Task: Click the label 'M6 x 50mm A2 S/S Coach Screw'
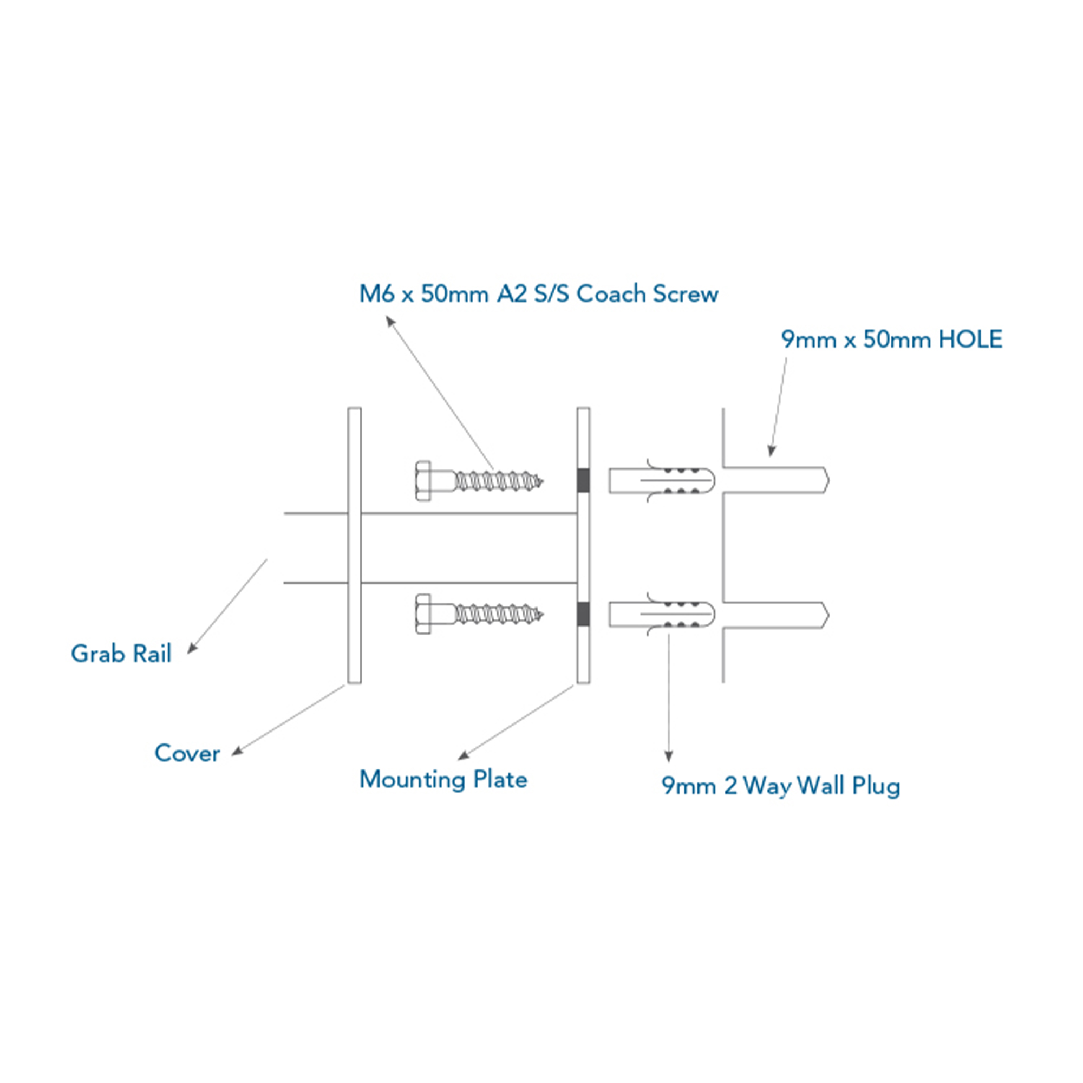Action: [x=538, y=293]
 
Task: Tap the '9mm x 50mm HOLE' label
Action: [x=891, y=340]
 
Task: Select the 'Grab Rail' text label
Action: [x=121, y=654]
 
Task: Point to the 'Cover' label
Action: [x=187, y=753]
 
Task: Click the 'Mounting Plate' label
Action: [x=443, y=779]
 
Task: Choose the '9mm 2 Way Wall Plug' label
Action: [x=780, y=785]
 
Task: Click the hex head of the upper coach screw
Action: [x=423, y=480]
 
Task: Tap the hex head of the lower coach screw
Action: [x=423, y=614]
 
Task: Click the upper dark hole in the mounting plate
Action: [x=583, y=480]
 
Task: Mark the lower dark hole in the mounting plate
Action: [x=583, y=615]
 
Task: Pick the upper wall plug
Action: [x=662, y=480]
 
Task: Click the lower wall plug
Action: [x=662, y=615]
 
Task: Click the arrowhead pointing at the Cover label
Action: [x=238, y=751]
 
